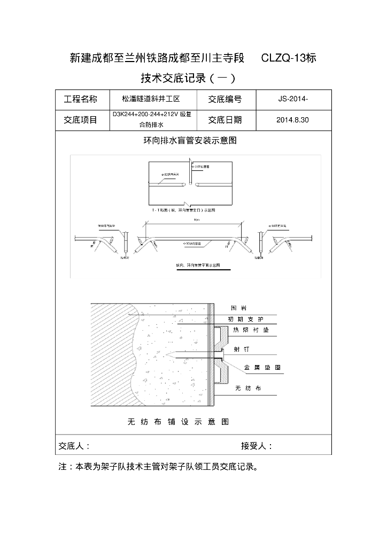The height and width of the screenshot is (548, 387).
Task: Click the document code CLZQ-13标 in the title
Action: click(289, 58)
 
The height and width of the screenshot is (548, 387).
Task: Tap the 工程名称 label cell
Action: click(81, 99)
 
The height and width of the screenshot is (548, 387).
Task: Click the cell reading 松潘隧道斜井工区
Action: click(151, 99)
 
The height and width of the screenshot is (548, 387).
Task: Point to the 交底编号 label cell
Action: click(225, 99)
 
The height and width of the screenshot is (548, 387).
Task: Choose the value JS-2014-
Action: click(293, 99)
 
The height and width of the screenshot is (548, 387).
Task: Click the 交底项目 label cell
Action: click(81, 120)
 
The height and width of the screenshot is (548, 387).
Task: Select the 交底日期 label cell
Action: click(225, 120)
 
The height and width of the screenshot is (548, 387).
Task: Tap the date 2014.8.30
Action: click(293, 120)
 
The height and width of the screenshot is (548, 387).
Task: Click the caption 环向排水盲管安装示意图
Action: click(190, 141)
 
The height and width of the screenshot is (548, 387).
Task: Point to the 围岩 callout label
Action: click(238, 308)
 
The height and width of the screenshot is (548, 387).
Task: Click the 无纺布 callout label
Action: click(247, 389)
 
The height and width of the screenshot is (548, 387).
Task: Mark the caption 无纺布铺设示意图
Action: click(178, 422)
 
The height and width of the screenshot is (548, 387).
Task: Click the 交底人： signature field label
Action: click(74, 446)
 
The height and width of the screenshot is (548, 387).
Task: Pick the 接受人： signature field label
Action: click(257, 446)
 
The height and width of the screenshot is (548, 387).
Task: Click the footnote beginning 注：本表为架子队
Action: click(158, 467)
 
